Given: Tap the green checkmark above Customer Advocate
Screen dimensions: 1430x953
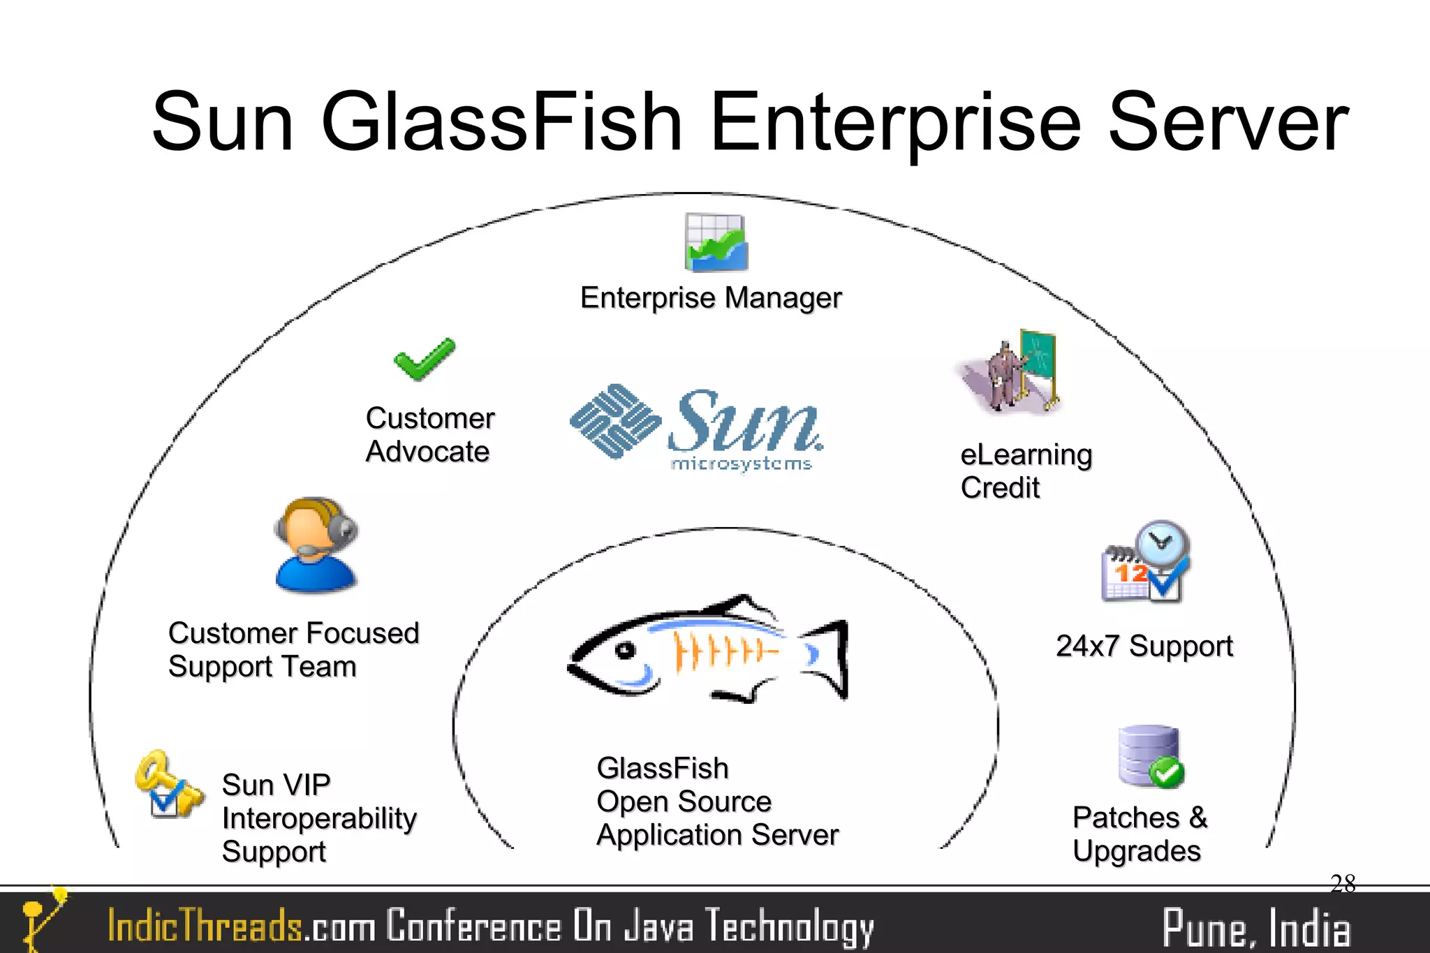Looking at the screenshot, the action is click(424, 360).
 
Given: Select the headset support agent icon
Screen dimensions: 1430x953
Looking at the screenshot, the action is click(316, 545).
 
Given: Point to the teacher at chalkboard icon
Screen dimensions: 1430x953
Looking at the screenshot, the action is click(1012, 374).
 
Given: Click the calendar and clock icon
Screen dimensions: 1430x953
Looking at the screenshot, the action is click(1145, 563).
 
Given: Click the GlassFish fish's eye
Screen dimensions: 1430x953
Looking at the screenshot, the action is click(624, 651).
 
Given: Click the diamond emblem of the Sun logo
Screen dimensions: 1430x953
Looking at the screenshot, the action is click(615, 421).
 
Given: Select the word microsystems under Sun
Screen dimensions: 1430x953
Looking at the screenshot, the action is click(741, 464).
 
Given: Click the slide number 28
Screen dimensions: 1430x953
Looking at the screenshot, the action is click(1343, 884).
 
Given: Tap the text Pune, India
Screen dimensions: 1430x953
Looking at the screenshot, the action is click(1255, 929).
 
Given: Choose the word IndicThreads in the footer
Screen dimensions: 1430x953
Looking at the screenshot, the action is click(205, 926).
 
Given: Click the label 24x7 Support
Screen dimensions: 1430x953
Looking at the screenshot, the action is click(1144, 647).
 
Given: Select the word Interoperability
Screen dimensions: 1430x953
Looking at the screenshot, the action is click(319, 818).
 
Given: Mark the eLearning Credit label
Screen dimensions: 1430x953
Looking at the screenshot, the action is click(1025, 471).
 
